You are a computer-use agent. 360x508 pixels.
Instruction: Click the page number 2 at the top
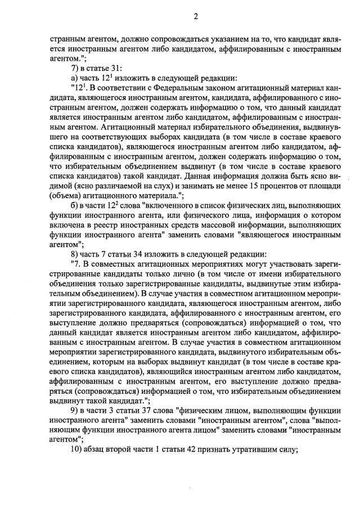tap(196, 16)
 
